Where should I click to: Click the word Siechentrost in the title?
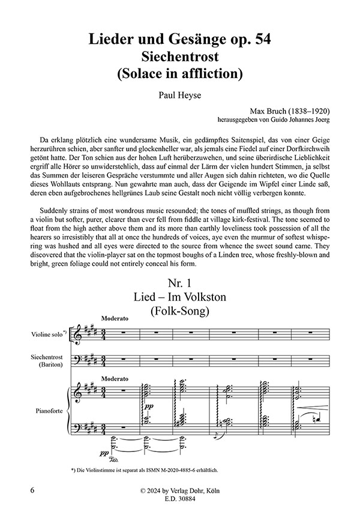click(179, 57)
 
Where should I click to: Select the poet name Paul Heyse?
click(179, 94)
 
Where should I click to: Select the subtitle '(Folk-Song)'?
click(179, 311)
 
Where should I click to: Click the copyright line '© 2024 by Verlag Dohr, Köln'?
click(179, 490)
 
